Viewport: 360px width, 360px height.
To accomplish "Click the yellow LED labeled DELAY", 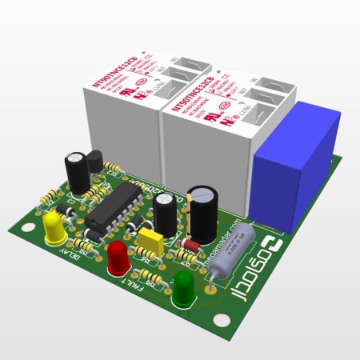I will click(x=55, y=228).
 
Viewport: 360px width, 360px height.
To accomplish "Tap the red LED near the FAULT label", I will click(x=118, y=257).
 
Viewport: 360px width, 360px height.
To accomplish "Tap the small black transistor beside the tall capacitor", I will click(x=94, y=163).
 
